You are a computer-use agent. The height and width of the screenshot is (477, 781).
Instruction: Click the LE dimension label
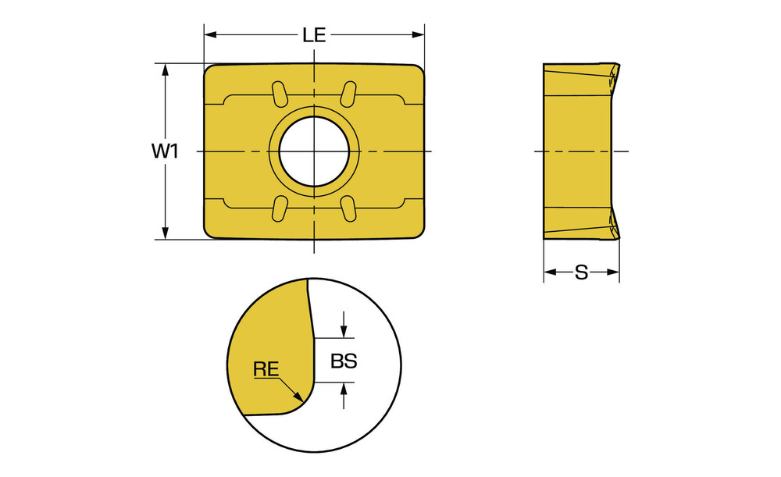(x=314, y=35)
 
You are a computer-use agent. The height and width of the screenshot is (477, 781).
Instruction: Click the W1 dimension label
(x=166, y=151)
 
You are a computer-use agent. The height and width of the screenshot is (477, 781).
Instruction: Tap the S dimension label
(x=581, y=272)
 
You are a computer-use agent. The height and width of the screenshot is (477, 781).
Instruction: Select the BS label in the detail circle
(x=344, y=361)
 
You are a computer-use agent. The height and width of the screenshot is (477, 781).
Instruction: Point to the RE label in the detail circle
(x=266, y=369)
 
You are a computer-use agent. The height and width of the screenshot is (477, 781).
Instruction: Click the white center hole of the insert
(x=314, y=151)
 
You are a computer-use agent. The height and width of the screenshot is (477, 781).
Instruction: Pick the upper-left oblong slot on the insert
(x=280, y=94)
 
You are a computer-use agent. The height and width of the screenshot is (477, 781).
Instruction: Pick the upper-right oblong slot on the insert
(x=348, y=94)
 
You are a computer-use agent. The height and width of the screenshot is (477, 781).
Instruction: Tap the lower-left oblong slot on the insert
(x=280, y=208)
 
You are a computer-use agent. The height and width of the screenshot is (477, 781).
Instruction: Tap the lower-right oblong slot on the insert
(x=348, y=208)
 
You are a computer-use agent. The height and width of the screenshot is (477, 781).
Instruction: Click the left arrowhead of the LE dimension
(x=211, y=35)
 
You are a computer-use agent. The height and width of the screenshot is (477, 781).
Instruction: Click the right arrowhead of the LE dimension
(x=417, y=35)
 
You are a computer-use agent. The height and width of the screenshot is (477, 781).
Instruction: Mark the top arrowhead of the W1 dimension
(x=166, y=70)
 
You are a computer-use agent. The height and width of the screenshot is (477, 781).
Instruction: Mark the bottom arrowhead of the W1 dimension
(x=166, y=233)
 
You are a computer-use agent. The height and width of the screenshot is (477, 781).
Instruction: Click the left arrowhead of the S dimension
(x=551, y=272)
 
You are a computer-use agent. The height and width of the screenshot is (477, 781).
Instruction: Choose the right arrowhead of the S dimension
(x=612, y=272)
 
